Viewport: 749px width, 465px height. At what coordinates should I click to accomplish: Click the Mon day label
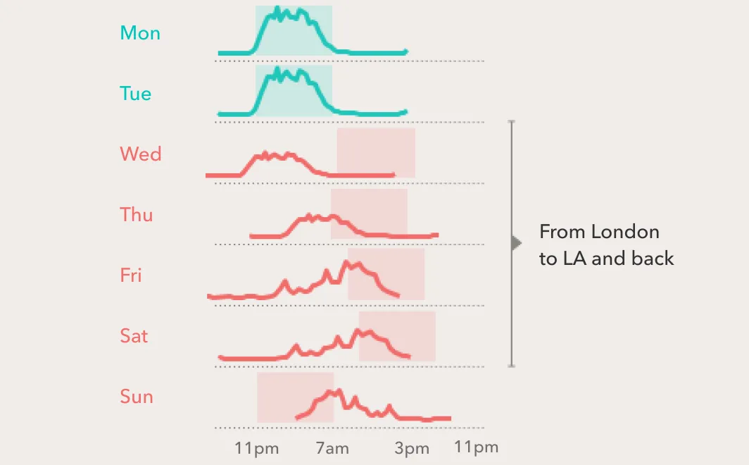click(140, 33)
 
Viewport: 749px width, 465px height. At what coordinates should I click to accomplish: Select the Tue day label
click(136, 94)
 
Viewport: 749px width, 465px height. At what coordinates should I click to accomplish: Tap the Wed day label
click(141, 154)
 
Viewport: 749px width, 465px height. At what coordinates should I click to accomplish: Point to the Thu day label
click(137, 215)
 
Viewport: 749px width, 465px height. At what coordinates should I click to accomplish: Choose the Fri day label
click(131, 275)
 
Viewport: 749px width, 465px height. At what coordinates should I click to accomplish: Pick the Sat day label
click(134, 336)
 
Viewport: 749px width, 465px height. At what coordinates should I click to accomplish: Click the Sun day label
click(137, 397)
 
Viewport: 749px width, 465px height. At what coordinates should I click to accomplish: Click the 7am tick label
click(332, 449)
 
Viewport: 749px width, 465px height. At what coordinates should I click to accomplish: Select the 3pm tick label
click(412, 449)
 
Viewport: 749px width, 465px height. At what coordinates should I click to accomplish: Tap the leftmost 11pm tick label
click(257, 449)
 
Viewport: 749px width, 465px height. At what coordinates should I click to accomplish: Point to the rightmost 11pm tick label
click(476, 447)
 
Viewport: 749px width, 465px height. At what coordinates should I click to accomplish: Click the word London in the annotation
click(624, 232)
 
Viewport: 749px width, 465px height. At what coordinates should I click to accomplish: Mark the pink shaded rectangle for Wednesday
click(376, 152)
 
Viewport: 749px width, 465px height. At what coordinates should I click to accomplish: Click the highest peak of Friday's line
click(346, 263)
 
